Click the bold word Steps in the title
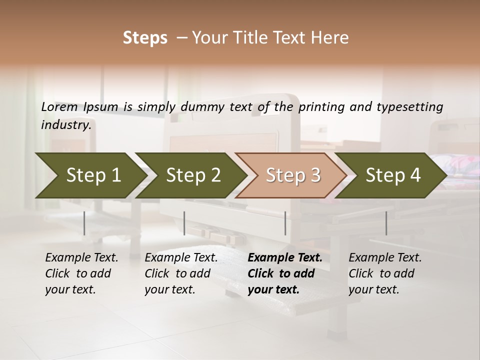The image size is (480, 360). point(145,38)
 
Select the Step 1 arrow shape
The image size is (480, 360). point(90,175)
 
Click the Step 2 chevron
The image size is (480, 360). point(192,175)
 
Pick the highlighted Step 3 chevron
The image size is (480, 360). point(292,175)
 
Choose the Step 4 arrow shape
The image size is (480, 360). point(392,175)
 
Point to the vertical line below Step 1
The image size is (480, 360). point(84,223)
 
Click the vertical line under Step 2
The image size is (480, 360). point(184,223)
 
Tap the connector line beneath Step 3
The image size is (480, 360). point(285,223)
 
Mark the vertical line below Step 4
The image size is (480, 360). point(386,223)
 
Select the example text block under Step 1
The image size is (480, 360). point(81,273)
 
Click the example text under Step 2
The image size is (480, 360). point(181,273)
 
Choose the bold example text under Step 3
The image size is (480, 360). point(285,273)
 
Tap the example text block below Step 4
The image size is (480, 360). point(385,273)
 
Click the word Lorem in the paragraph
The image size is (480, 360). point(59,107)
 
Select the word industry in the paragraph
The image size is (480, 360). point(66,125)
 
